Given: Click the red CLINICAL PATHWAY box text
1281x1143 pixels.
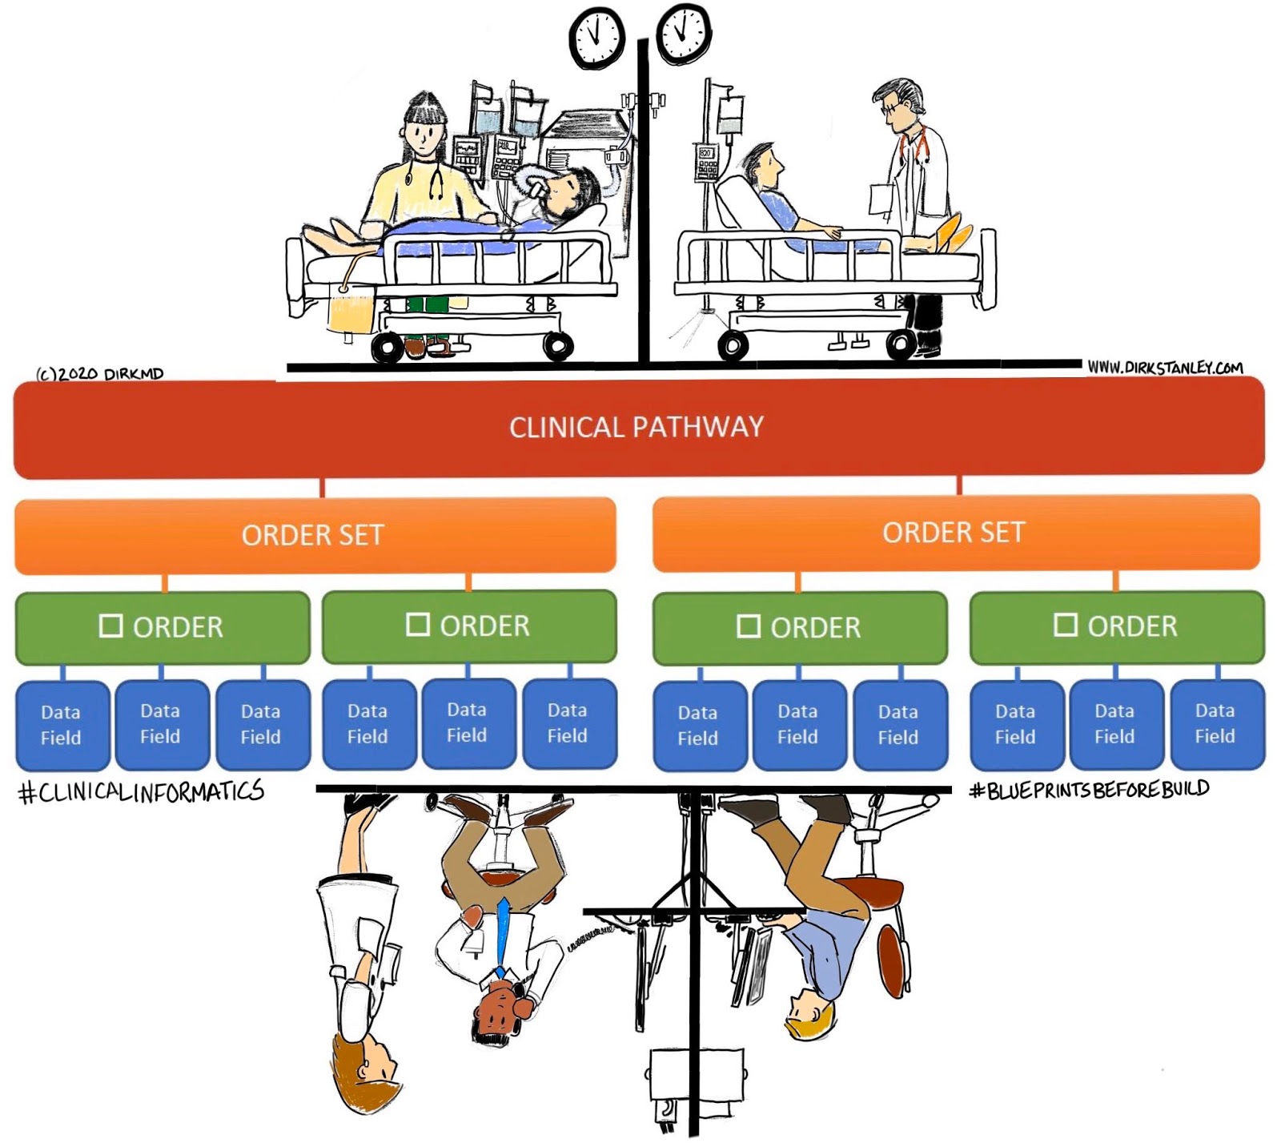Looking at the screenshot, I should [x=636, y=427].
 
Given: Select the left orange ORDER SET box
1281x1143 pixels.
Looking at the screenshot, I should [x=314, y=535].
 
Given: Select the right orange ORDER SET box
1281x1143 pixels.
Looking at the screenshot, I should [x=954, y=533].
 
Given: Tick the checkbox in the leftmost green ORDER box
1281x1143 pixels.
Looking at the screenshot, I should [x=110, y=626].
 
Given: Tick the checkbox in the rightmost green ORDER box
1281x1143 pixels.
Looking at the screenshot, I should [x=1065, y=625].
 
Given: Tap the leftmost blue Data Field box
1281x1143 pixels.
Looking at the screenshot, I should [x=62, y=725].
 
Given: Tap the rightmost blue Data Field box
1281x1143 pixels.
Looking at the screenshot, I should [x=1215, y=723].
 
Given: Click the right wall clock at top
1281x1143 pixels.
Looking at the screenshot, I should [x=683, y=34].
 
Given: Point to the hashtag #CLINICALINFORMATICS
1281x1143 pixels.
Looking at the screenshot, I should [x=141, y=792].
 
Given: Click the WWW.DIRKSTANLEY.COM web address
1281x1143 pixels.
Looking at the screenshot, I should [x=1165, y=368].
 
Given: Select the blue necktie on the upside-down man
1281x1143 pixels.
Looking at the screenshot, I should [x=502, y=933].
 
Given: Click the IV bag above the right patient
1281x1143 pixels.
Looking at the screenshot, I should [x=729, y=115].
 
